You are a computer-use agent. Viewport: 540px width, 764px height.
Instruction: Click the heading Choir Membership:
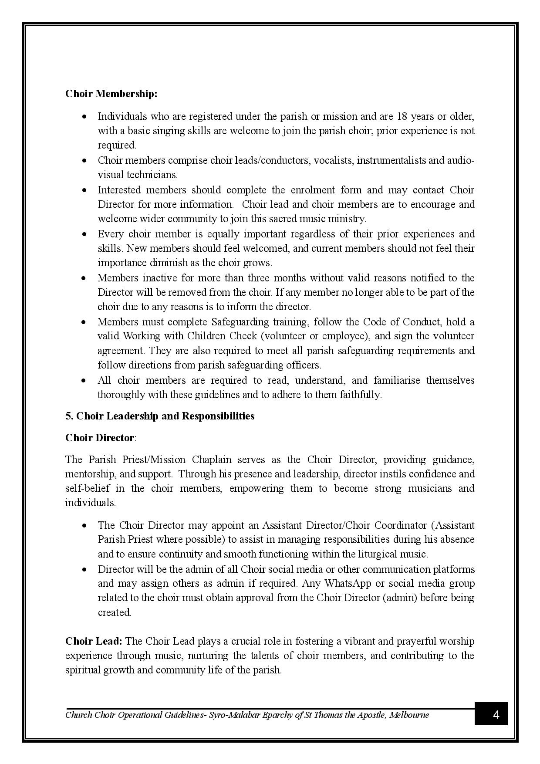[x=111, y=94]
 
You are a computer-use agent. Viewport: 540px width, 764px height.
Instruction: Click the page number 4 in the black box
[x=496, y=715]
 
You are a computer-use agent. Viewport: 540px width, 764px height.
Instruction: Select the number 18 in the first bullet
[x=402, y=116]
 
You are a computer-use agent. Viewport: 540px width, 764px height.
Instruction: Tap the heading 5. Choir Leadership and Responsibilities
[x=160, y=416]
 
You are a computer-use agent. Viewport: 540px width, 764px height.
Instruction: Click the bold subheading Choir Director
[x=99, y=438]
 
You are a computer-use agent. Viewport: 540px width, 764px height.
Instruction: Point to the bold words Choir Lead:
[x=94, y=641]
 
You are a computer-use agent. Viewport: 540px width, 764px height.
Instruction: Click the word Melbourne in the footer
[x=409, y=715]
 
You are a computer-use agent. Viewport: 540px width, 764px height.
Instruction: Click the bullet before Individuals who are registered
[x=84, y=117]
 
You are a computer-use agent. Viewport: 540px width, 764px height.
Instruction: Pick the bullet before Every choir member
[x=84, y=234]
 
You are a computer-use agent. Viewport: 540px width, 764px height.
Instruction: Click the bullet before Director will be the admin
[x=84, y=570]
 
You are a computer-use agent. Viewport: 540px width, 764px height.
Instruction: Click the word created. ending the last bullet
[x=115, y=612]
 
